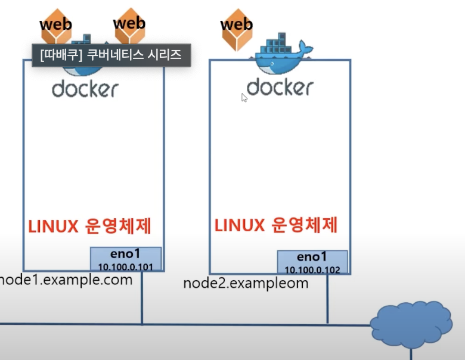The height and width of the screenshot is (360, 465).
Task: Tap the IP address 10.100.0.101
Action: coord(126,266)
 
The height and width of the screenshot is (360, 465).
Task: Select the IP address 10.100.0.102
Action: coord(312,270)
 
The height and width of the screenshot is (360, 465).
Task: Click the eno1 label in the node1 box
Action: coord(126,255)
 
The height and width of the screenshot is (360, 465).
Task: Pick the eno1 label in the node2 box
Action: coord(312,258)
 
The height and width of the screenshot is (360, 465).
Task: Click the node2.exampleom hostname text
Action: coord(246,283)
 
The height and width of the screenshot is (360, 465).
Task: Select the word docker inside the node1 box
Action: coord(85,89)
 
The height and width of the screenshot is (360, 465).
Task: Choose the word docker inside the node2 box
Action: coord(280,87)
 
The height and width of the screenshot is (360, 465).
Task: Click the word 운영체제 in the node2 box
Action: coord(305,225)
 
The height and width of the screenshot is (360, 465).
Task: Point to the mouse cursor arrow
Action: coord(244,97)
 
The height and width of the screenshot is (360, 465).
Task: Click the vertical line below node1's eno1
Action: coord(142,298)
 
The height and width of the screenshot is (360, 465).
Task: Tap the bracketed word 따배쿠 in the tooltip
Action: coord(58,55)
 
